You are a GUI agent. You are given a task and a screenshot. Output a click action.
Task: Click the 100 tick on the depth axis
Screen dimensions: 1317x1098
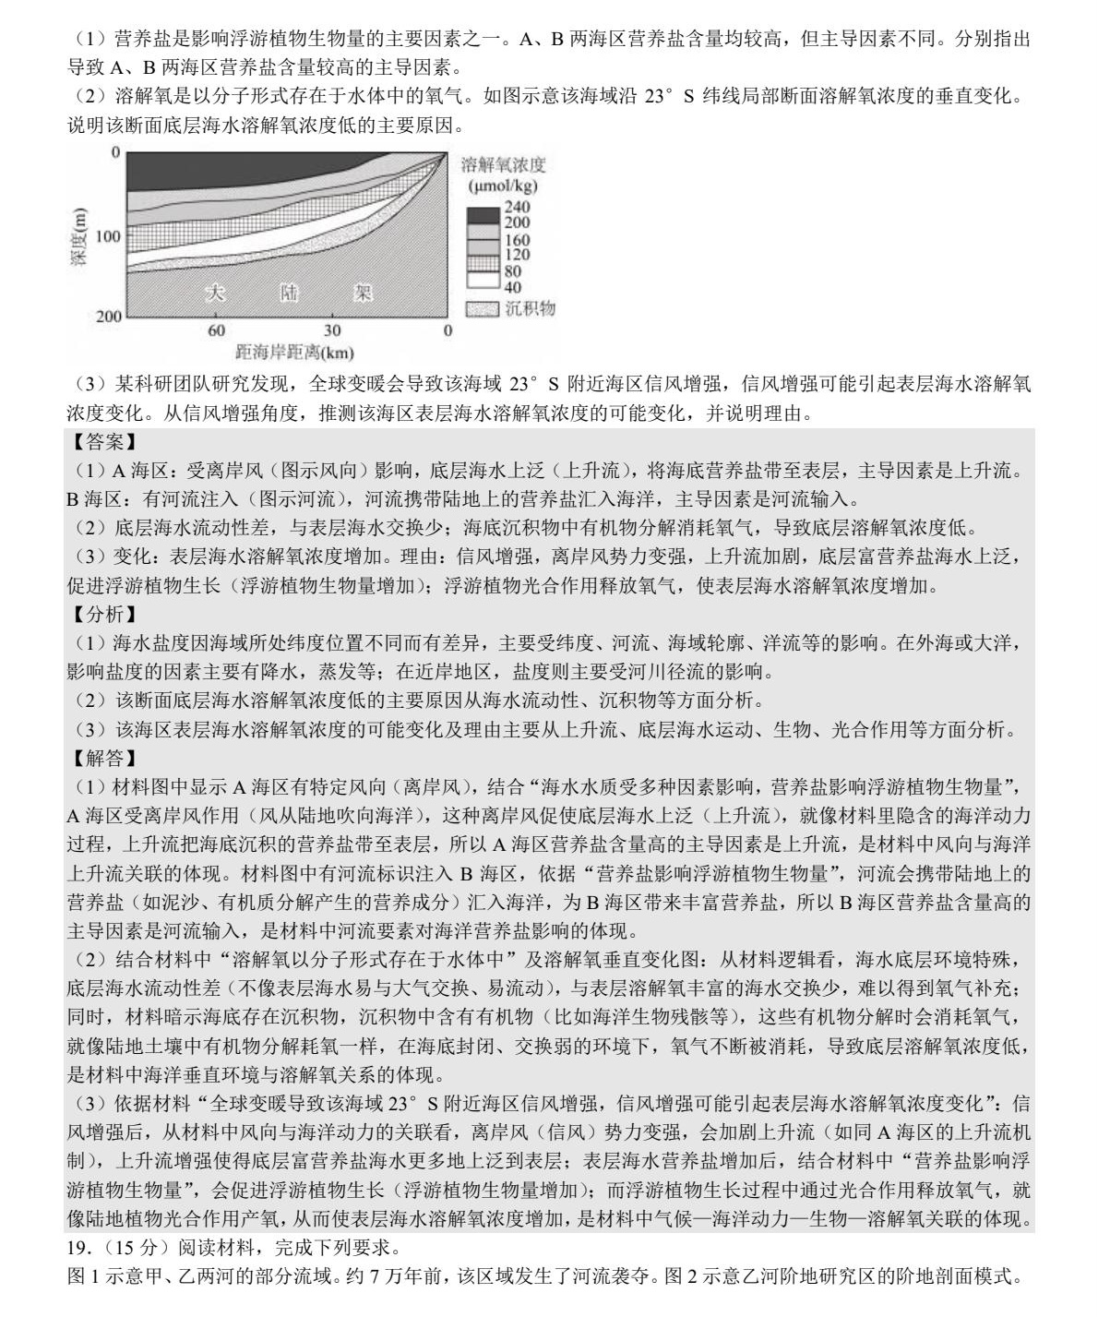coord(108,236)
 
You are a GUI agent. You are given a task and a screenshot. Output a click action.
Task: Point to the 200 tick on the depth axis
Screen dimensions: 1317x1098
coord(108,316)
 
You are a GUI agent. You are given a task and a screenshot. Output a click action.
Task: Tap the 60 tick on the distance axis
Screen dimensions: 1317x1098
coord(216,330)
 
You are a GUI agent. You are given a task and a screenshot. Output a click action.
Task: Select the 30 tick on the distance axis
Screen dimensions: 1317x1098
coord(332,330)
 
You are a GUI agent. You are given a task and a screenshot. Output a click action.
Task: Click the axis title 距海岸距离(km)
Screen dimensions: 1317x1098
coord(294,352)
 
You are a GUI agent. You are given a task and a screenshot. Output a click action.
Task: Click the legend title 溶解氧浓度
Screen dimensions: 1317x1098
coord(503,165)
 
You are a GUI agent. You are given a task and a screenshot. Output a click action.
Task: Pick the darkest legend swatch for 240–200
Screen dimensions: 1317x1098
coord(482,215)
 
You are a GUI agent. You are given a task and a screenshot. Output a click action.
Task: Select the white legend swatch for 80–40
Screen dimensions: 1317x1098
coord(482,280)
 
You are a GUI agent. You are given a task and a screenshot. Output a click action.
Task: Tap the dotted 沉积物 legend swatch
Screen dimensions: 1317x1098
coord(482,308)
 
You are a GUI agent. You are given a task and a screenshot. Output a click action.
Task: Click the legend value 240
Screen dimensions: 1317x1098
coord(517,208)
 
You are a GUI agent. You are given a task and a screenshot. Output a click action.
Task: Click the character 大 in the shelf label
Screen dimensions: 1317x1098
coord(215,293)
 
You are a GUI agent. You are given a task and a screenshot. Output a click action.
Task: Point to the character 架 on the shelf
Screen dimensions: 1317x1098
coord(363,293)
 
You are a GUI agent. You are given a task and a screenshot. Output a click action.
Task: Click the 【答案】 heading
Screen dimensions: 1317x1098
coord(103,442)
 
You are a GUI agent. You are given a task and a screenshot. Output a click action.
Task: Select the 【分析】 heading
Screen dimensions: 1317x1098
coord(103,614)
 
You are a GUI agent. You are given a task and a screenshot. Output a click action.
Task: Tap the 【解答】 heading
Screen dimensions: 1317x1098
coord(103,758)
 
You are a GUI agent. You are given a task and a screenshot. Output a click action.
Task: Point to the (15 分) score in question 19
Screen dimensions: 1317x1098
coord(125,1248)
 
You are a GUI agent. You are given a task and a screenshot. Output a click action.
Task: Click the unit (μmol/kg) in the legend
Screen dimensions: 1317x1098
coord(503,186)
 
